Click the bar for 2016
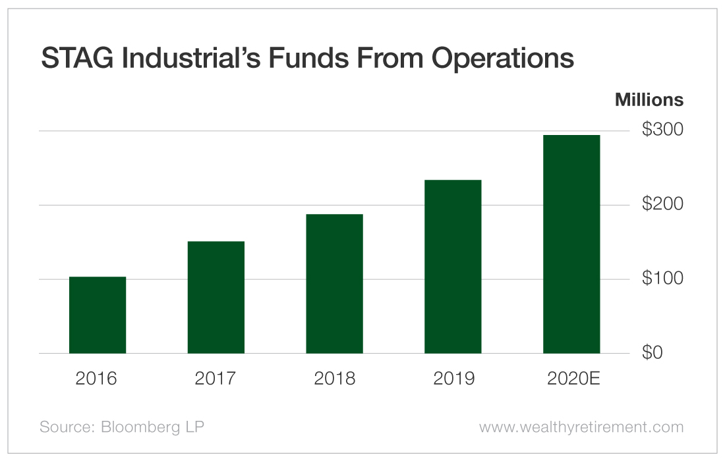[x=98, y=315]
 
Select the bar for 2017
[x=216, y=298]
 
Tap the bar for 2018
[x=334, y=284]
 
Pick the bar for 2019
[x=453, y=267]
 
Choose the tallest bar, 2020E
[x=571, y=244]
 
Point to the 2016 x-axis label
[x=98, y=379]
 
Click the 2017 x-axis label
[x=216, y=379]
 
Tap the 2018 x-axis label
[x=334, y=379]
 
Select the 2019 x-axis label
[x=453, y=379]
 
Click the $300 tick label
[x=662, y=130]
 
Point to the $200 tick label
[x=662, y=204]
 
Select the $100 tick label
[x=662, y=279]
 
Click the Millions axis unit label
[x=649, y=100]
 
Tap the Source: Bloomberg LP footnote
[x=122, y=427]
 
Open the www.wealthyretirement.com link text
[x=581, y=427]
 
